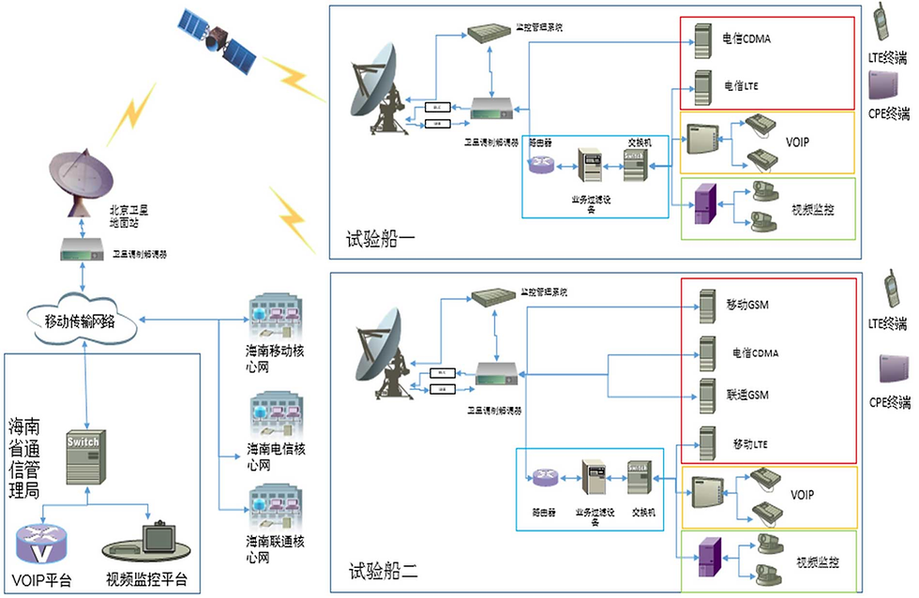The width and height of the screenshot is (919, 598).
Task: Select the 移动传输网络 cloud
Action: click(81, 321)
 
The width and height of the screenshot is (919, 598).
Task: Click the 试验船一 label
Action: click(383, 240)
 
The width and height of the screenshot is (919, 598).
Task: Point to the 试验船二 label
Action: click(383, 569)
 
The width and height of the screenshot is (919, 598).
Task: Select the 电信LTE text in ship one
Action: click(741, 86)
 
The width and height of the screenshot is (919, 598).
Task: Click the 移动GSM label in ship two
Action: click(746, 306)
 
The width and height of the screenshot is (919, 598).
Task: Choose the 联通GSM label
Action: click(747, 396)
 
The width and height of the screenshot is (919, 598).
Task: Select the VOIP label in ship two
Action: click(802, 494)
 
